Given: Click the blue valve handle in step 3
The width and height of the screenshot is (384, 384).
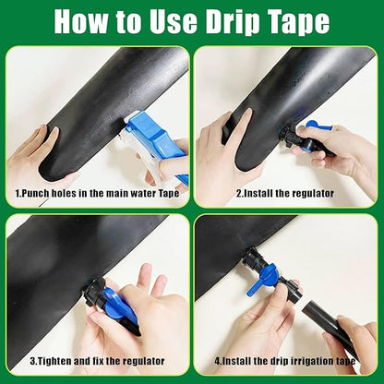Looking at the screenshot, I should click(121, 304).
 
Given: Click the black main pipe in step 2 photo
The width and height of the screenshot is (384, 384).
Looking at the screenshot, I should click(277, 102).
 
